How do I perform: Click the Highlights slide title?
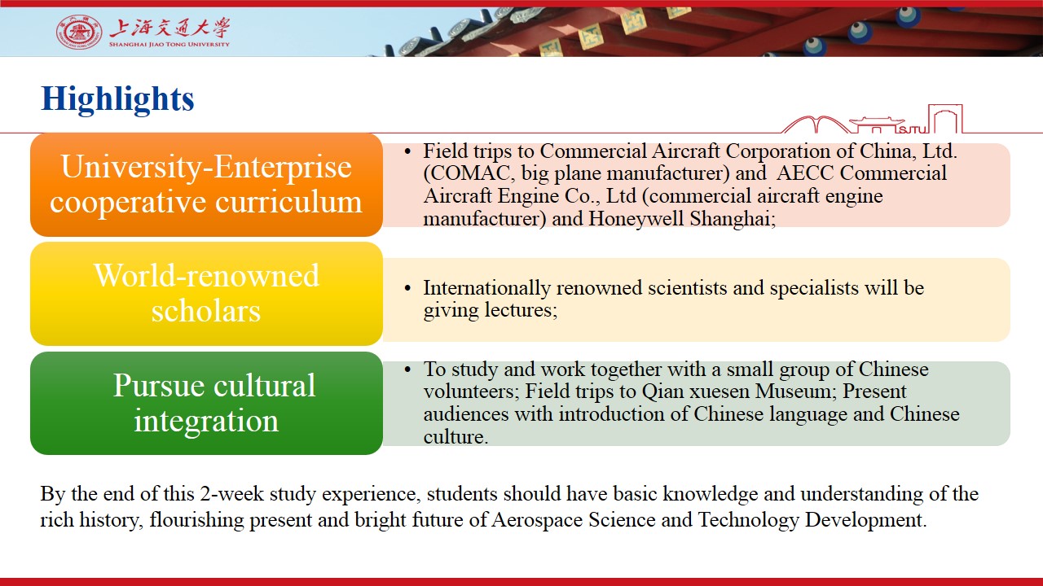117,99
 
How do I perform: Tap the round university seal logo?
79,32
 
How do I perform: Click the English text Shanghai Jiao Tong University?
169,45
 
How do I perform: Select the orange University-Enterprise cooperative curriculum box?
206,185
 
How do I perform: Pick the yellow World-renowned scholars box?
206,294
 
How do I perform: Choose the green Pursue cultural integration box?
206,403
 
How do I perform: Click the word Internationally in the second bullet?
486,288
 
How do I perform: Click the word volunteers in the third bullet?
471,391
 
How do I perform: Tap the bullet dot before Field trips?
408,151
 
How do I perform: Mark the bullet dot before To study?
408,370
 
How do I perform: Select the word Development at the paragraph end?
866,520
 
